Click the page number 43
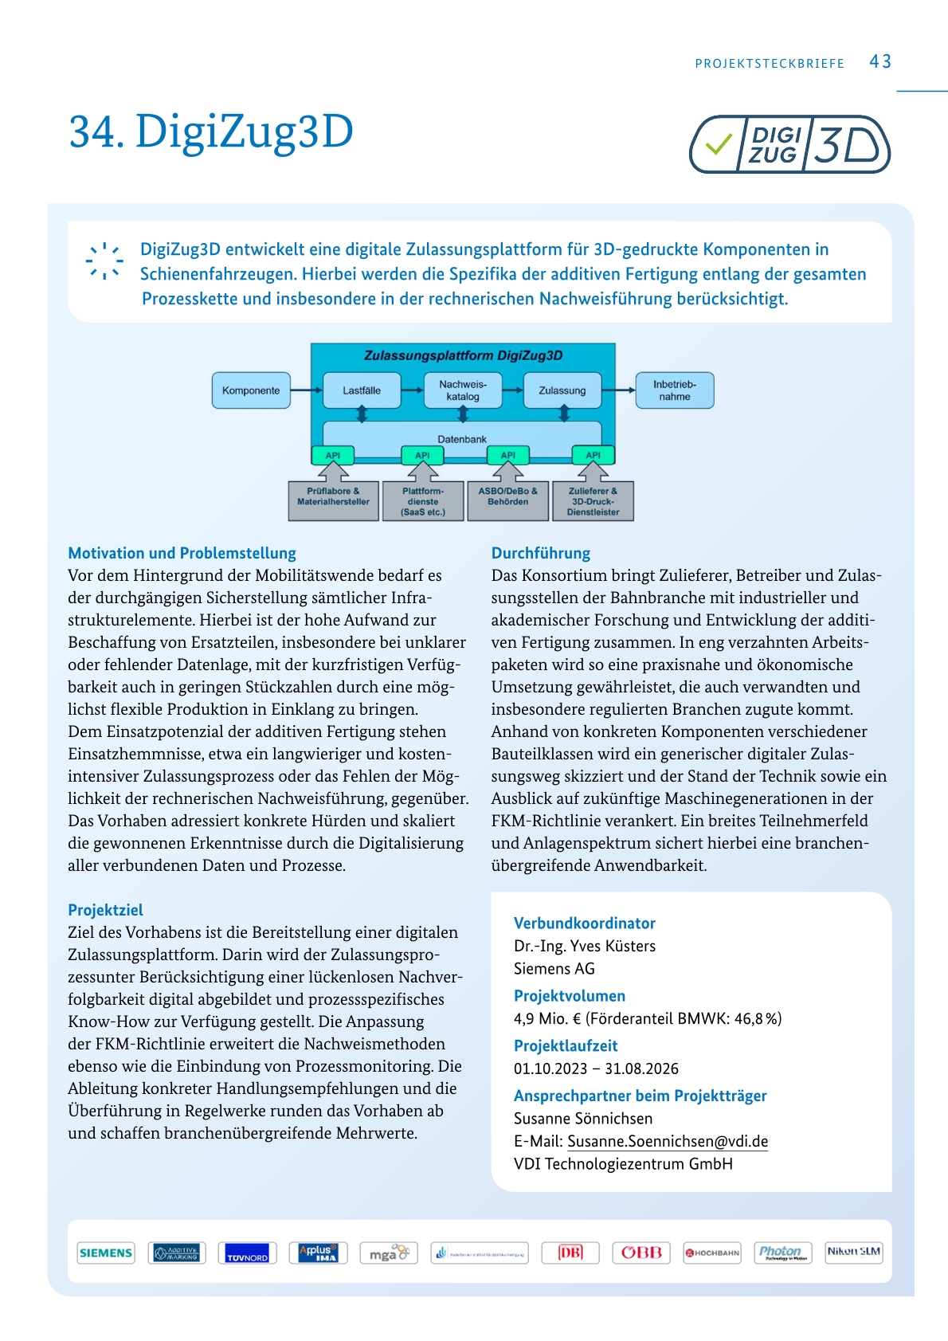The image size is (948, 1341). [x=879, y=62]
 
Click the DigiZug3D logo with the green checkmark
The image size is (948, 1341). [x=789, y=145]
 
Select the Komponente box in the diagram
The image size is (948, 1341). [x=251, y=390]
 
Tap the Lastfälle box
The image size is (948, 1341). [x=362, y=390]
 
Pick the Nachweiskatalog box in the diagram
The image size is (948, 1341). [x=463, y=390]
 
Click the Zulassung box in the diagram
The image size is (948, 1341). [x=562, y=390]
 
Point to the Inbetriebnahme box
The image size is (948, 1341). [x=674, y=390]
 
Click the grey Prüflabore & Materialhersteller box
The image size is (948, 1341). [x=333, y=501]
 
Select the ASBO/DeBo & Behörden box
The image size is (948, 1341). [x=507, y=501]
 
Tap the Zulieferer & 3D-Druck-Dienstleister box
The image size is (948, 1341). [x=593, y=501]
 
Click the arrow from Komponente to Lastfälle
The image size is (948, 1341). [x=307, y=390]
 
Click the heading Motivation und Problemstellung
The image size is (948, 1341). [x=182, y=553]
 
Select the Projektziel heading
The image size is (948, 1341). [x=105, y=910]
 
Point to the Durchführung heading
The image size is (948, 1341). [x=540, y=553]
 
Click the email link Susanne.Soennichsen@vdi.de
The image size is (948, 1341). [x=668, y=1141]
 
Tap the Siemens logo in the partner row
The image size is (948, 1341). [x=106, y=1253]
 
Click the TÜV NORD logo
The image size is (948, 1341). [x=247, y=1253]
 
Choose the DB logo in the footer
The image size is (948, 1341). [x=570, y=1253]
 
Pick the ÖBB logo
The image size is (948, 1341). [x=641, y=1253]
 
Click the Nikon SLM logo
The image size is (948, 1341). [x=853, y=1252]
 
